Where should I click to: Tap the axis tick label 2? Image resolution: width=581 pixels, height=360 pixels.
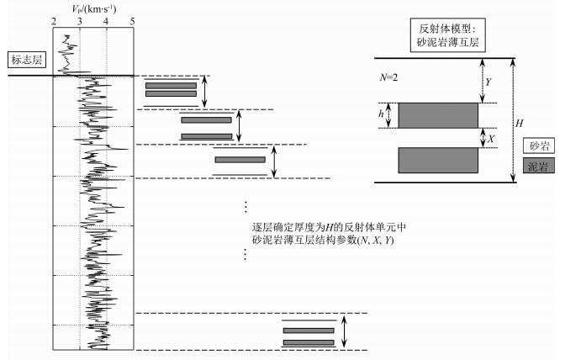coord(54,21)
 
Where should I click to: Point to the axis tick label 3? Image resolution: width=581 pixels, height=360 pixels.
coord(80,21)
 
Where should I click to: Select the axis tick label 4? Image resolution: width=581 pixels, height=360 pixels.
coord(107,21)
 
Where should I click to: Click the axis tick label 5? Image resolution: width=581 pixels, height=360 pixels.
coord(133,21)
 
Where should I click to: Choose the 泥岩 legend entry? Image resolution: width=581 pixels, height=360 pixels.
coord(536,166)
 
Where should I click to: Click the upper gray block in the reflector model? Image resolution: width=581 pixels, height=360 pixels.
coord(438,115)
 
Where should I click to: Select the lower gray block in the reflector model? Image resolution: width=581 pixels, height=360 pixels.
coord(438,159)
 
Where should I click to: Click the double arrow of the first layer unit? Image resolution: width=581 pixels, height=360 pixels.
coord(205,92)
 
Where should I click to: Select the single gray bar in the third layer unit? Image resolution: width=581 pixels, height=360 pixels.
coord(240,160)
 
